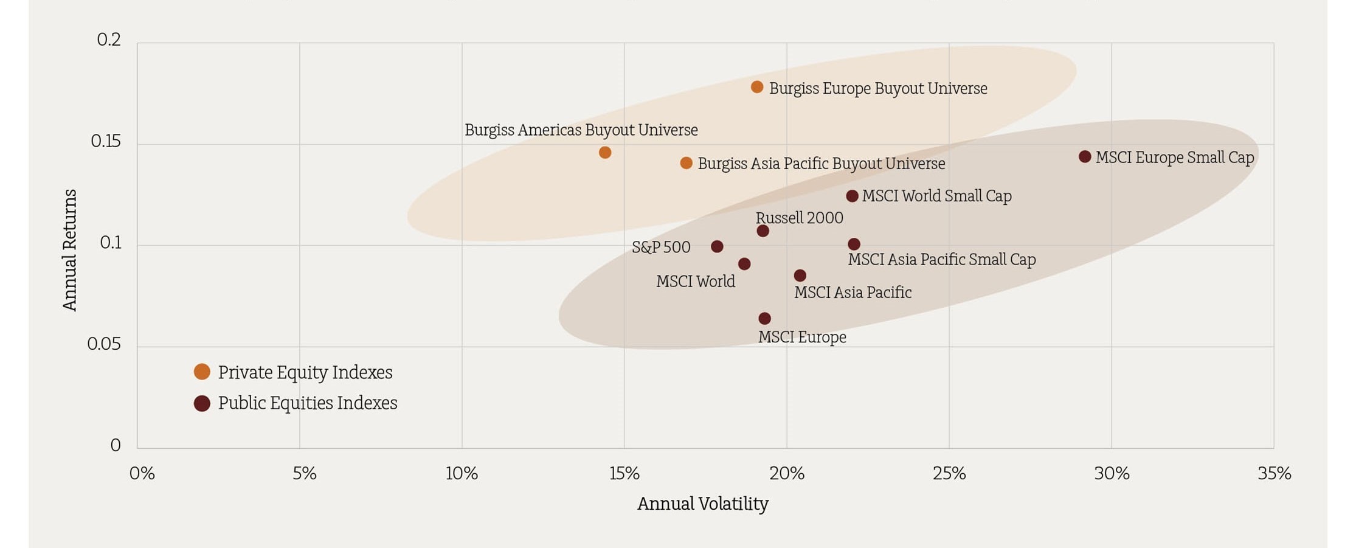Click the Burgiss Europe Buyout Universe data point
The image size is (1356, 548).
757,87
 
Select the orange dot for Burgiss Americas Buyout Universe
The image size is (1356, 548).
605,152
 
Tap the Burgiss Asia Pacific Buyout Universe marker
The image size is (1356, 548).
686,163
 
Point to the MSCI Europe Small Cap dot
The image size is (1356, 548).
1085,156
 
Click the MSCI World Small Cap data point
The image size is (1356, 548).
853,196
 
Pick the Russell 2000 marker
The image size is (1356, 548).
763,231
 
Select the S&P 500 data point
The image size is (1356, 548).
718,246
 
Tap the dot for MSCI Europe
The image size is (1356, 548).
765,318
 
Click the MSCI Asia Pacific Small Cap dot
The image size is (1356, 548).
854,244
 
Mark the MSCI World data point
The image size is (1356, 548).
744,263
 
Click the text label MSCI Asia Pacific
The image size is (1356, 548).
853,293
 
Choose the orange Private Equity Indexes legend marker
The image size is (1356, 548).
202,372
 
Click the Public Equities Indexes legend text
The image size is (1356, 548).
307,403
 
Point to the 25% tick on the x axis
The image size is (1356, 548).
949,473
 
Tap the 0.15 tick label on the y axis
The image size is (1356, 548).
106,141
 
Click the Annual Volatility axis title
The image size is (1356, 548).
703,504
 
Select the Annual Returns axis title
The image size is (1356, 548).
71,249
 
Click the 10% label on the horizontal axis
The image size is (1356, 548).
462,473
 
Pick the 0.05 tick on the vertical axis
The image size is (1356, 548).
104,344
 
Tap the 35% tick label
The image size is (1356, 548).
1274,473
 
